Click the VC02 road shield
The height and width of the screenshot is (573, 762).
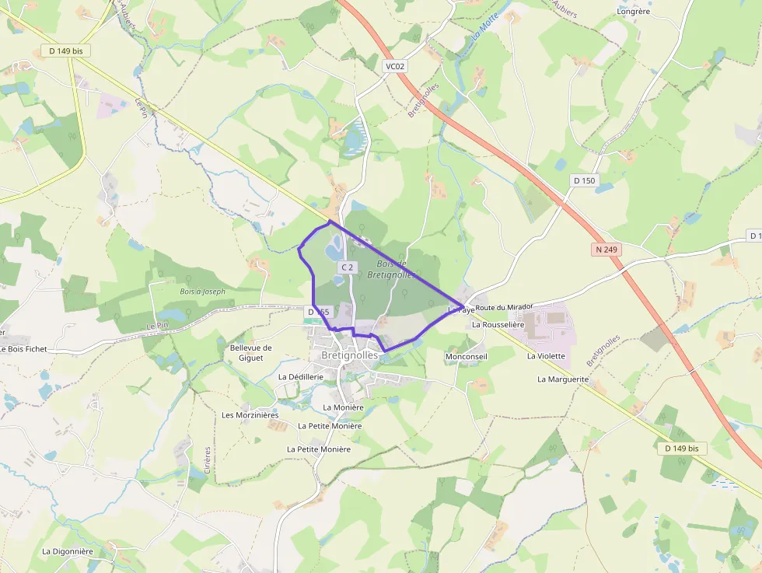pyautogui.click(x=395, y=66)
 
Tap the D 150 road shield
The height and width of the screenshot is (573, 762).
pyautogui.click(x=583, y=180)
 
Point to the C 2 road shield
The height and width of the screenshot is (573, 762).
pyautogui.click(x=347, y=267)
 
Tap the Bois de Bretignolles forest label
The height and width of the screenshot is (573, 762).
pyautogui.click(x=391, y=269)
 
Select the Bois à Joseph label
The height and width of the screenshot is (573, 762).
pyautogui.click(x=202, y=292)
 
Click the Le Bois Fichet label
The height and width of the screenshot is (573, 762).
pyautogui.click(x=24, y=349)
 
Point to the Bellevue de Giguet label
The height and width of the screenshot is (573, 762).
pyautogui.click(x=251, y=353)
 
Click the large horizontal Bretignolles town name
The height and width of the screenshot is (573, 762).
pyautogui.click(x=349, y=355)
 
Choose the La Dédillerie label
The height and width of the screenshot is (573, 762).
pyautogui.click(x=300, y=376)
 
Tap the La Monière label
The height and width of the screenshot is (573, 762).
pyautogui.click(x=343, y=407)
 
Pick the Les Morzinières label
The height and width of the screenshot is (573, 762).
pyautogui.click(x=250, y=415)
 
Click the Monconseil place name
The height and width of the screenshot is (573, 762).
pyautogui.click(x=466, y=356)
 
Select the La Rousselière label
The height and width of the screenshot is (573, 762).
pyautogui.click(x=498, y=325)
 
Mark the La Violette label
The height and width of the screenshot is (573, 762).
pyautogui.click(x=546, y=356)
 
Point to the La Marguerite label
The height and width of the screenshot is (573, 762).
pyautogui.click(x=563, y=379)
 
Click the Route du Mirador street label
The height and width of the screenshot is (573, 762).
pyautogui.click(x=504, y=308)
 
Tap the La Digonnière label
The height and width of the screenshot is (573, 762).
pyautogui.click(x=68, y=551)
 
